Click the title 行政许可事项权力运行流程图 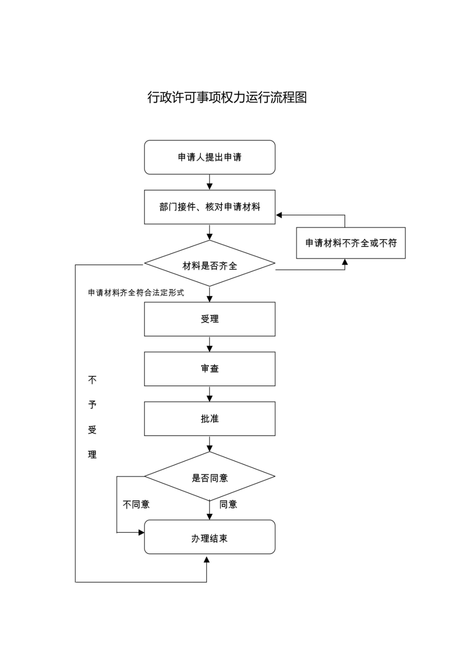(227, 97)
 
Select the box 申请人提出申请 (209, 157)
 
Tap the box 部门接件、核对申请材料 (209, 207)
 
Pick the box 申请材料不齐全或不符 (351, 243)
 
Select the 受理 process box (209, 319)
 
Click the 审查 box (209, 369)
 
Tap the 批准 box (209, 418)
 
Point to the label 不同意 (136, 504)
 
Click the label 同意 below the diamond (228, 504)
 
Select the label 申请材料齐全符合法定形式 (136, 293)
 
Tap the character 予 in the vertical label (92, 405)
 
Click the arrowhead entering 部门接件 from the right (279, 215)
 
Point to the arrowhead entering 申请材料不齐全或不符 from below (345, 262)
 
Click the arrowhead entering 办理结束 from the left (141, 533)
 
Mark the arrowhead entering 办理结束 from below (206, 560)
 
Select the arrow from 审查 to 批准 (209, 394)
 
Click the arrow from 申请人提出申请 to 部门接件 (209, 182)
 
